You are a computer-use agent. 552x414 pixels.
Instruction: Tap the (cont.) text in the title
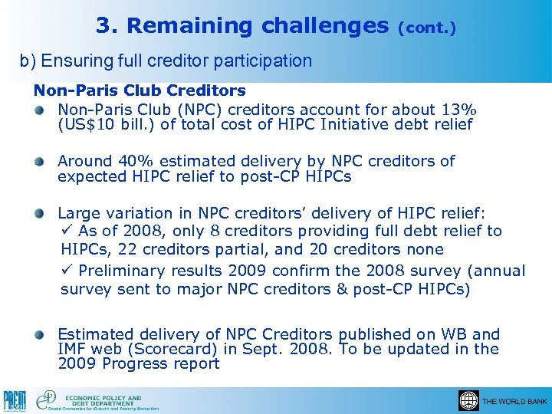426,28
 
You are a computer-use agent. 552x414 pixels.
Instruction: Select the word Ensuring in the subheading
76,61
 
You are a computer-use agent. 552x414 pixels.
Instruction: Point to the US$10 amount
91,124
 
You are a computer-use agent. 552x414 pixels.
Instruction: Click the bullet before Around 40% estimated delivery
39,162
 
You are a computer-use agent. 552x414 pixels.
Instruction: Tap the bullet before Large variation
39,213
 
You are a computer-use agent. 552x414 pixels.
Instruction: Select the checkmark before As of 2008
66,231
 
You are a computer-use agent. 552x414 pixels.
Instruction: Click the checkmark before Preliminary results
66,271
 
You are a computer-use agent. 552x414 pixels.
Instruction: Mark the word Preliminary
122,271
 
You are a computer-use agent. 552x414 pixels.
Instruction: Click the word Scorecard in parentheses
170,349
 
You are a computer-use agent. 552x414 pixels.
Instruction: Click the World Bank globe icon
468,400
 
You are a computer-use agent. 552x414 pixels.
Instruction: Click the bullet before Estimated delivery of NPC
39,334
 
